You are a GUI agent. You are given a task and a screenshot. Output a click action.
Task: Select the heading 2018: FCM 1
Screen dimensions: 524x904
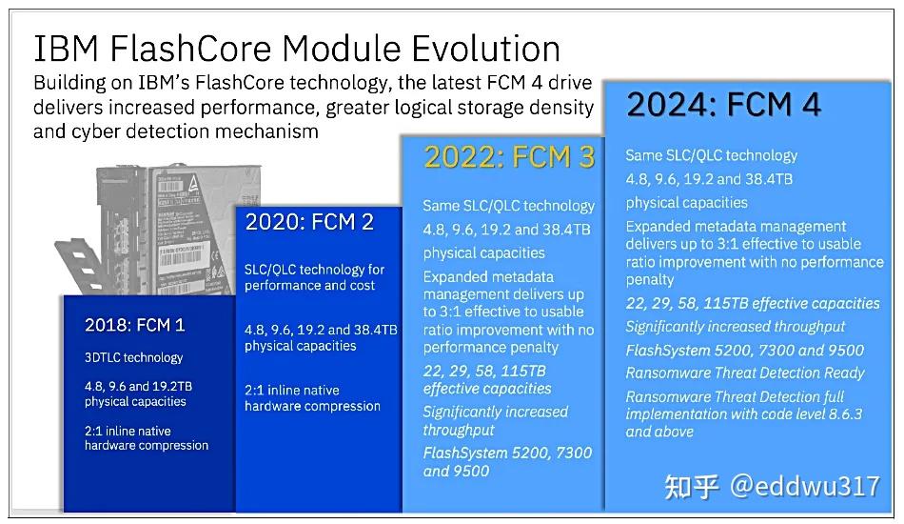[x=134, y=325]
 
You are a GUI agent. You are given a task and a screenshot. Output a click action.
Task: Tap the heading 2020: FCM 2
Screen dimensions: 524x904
[x=309, y=222]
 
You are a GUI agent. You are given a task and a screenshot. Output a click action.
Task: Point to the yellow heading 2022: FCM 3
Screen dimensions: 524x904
[x=509, y=157]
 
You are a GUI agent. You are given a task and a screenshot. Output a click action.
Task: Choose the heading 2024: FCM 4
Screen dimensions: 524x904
[x=723, y=104]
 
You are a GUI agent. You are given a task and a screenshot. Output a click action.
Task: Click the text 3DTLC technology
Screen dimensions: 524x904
[x=133, y=357]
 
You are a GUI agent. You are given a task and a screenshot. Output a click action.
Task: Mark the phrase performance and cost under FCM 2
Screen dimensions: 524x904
[x=309, y=286]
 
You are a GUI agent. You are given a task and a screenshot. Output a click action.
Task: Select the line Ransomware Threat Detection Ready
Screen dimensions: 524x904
[x=745, y=373]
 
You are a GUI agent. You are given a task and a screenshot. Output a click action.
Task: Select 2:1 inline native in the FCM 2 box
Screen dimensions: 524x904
[x=292, y=390]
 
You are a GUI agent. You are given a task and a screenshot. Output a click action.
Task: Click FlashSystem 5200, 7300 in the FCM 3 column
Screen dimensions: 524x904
[x=507, y=453]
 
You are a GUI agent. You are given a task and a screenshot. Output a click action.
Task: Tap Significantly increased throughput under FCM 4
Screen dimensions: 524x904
[x=735, y=326]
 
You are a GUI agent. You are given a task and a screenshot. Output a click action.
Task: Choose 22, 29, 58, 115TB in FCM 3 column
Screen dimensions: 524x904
[x=484, y=371]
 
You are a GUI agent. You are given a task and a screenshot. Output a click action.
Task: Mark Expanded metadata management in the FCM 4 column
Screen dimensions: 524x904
[x=736, y=226]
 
